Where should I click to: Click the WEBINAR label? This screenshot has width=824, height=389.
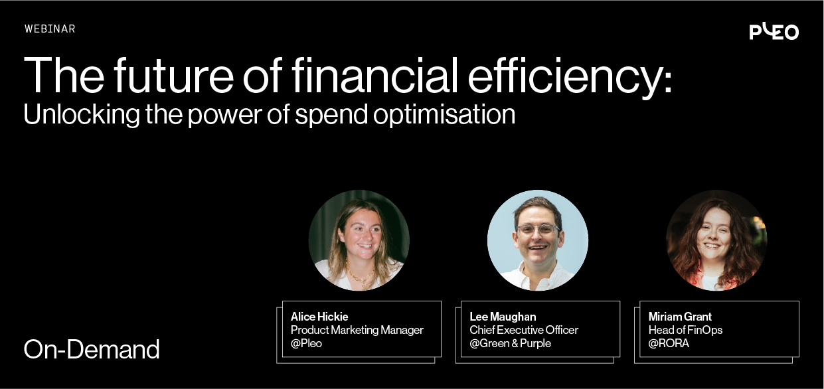(50, 29)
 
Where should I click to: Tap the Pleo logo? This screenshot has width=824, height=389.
(774, 31)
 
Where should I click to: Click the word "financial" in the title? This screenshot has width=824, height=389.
(375, 76)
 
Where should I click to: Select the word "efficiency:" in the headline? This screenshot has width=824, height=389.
(570, 78)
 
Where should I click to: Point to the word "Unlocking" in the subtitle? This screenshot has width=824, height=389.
(81, 114)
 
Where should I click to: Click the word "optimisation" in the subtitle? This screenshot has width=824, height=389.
(444, 115)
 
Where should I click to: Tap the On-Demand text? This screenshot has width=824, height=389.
(92, 349)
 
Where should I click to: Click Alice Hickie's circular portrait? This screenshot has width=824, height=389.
(359, 240)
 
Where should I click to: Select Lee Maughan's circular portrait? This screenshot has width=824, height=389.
(538, 240)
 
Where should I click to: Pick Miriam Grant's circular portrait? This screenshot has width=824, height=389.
(716, 240)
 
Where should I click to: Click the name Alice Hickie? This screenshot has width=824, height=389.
(319, 317)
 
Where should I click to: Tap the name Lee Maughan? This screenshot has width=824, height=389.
(503, 317)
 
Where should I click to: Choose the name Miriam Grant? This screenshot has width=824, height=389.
(680, 317)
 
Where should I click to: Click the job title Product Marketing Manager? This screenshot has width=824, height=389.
(357, 330)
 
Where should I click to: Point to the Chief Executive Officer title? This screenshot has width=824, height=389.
(524, 330)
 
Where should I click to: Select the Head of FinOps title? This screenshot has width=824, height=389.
(685, 330)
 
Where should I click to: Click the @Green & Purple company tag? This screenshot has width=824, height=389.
(510, 343)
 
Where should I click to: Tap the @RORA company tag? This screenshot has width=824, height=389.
(669, 343)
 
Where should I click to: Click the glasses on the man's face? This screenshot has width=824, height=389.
(538, 230)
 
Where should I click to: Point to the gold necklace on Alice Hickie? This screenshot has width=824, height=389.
(361, 275)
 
